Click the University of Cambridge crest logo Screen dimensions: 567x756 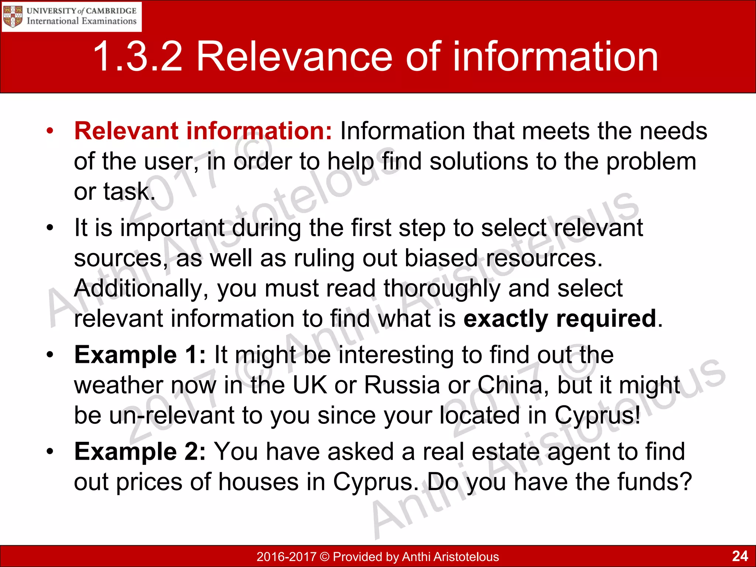pyautogui.click(x=13, y=16)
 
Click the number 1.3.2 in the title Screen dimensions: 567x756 pyautogui.click(x=138, y=57)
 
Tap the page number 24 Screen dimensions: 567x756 pyautogui.click(x=740, y=556)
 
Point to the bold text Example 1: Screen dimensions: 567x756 pyautogui.click(x=140, y=355)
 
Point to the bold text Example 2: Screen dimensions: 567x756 pyautogui.click(x=140, y=451)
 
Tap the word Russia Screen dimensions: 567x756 pyautogui.click(x=402, y=385)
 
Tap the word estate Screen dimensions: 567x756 pyautogui.click(x=506, y=451)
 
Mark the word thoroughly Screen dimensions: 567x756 pyautogui.click(x=442, y=288)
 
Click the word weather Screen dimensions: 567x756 pyautogui.click(x=118, y=385)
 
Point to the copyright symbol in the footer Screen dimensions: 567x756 pyautogui.click(x=325, y=557)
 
